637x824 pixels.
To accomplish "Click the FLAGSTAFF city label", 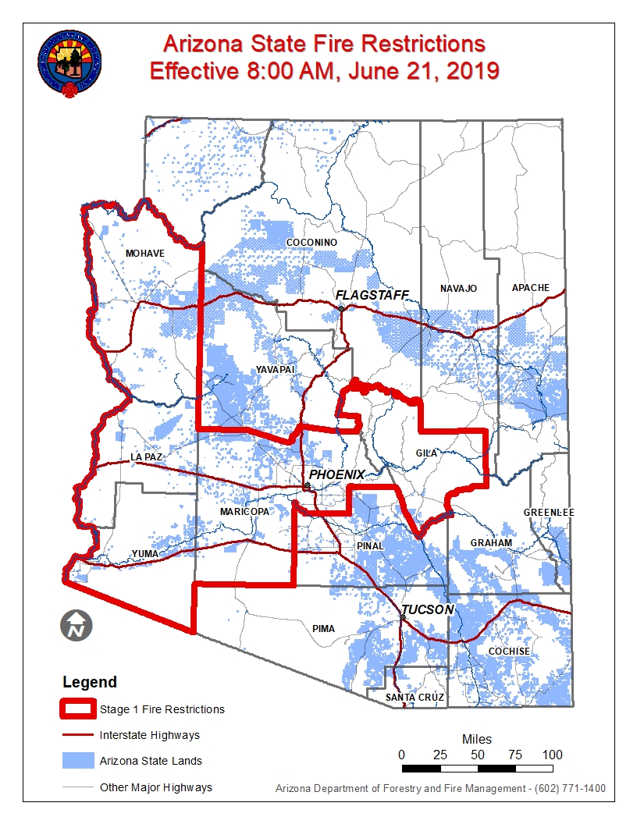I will (372, 294).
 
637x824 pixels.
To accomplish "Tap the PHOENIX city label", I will (336, 474).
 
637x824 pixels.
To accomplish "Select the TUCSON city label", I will (427, 609).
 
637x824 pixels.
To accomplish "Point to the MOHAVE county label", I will (145, 254).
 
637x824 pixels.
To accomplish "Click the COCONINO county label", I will (311, 243).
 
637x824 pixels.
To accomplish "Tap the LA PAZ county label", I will (146, 456).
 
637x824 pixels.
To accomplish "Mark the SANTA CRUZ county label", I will (415, 697).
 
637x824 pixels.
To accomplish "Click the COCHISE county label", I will (509, 651).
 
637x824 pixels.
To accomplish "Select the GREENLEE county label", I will (549, 512).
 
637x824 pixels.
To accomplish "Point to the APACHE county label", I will (531, 288).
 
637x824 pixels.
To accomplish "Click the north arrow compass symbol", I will (77, 624).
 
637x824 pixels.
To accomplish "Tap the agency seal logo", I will (69, 64).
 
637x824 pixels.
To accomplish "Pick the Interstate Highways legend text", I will (149, 735).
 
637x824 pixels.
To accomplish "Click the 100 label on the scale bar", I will (552, 755).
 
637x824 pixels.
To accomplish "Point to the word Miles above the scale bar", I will (477, 739).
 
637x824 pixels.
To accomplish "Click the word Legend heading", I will (90, 682).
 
